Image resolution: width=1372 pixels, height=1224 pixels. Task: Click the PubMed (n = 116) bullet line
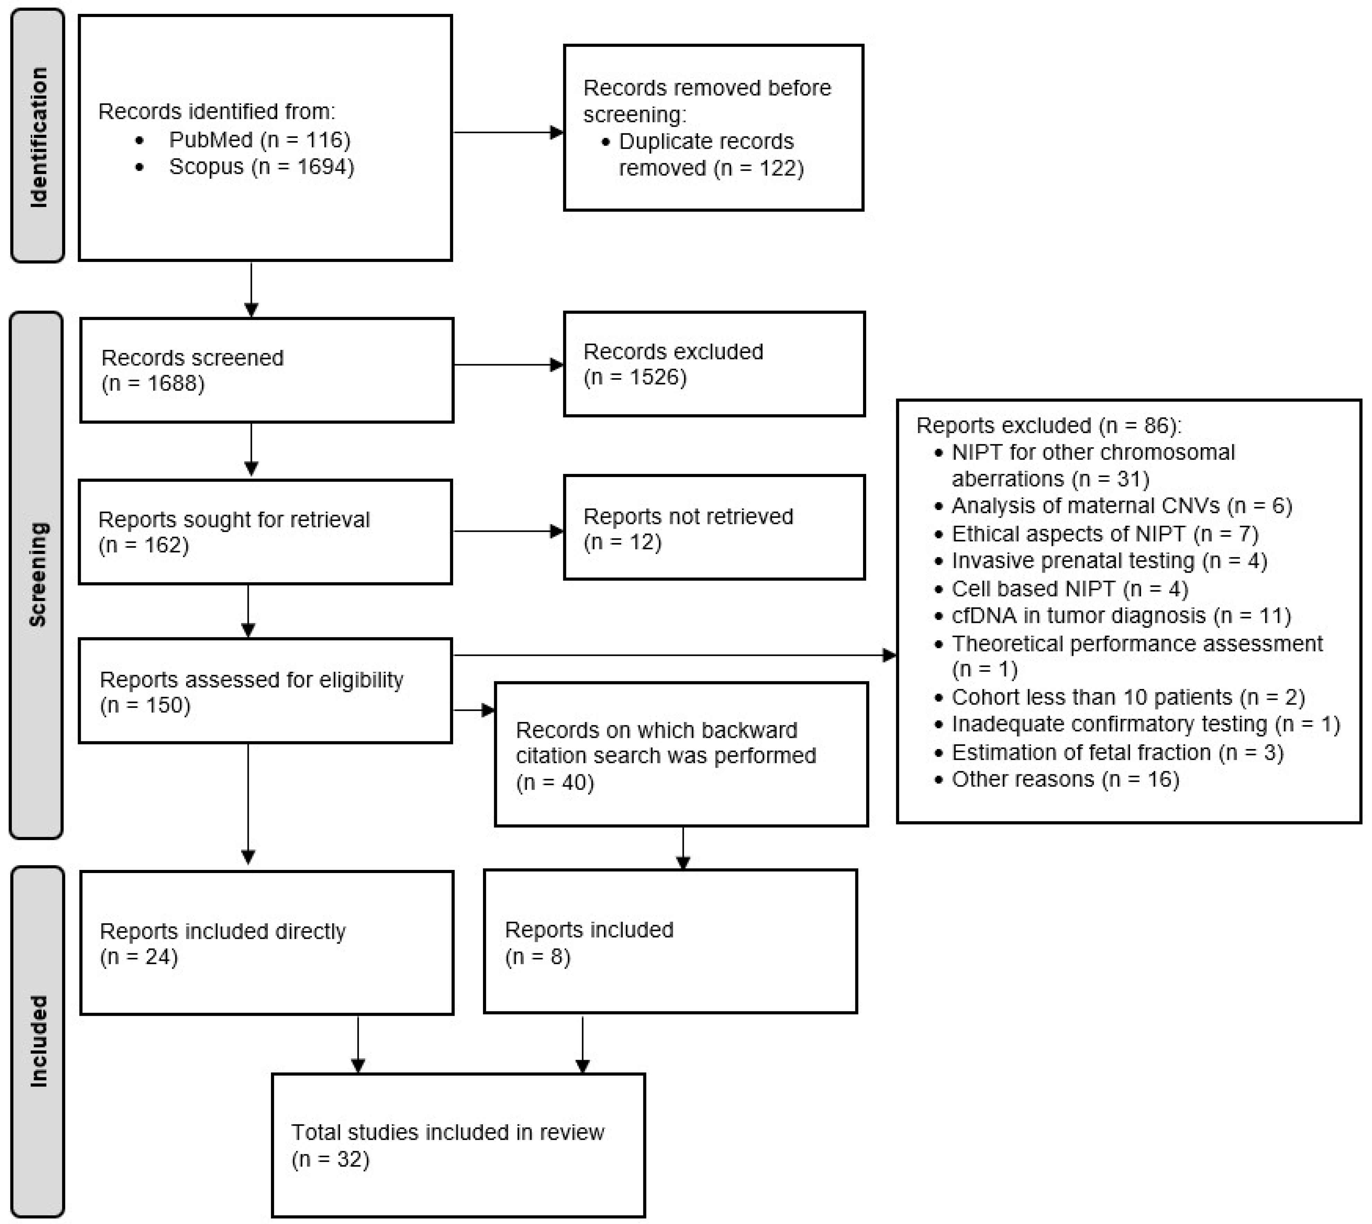pyautogui.click(x=259, y=140)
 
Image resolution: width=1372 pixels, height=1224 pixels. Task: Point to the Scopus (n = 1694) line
pyautogui.click(x=261, y=167)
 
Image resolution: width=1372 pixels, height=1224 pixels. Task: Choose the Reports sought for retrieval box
pyautogui.click(x=265, y=532)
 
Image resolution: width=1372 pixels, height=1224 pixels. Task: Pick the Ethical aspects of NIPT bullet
pyautogui.click(x=1103, y=534)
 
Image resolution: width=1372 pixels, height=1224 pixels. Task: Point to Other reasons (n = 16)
pyautogui.click(x=1065, y=780)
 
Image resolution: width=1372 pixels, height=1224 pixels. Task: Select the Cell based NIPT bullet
pyautogui.click(x=1069, y=589)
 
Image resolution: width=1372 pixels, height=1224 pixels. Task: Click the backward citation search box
pyautogui.click(x=680, y=755)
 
